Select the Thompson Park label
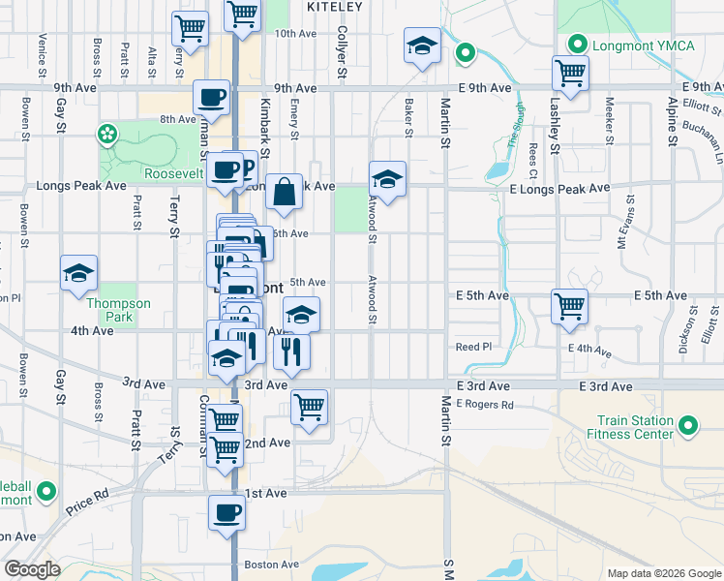(119, 310)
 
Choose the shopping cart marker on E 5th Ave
(570, 306)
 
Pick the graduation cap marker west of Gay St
(78, 273)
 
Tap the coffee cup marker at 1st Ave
(227, 512)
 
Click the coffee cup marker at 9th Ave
(212, 97)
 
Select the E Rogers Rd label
(482, 403)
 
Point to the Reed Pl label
(474, 346)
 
